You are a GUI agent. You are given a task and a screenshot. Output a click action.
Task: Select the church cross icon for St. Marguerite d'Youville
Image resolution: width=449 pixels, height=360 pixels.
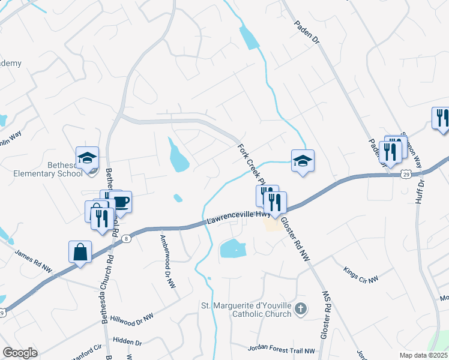tap(301, 310)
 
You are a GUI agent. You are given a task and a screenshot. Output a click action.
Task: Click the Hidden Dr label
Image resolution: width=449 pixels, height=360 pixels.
tap(127, 341)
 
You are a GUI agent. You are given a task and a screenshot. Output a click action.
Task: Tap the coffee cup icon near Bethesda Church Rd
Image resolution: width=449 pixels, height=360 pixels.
tap(121, 202)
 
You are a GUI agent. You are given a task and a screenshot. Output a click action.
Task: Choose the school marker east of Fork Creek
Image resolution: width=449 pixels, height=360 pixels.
tap(303, 161)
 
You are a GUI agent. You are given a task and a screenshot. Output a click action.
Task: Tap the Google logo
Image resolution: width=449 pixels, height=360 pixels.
tap(20, 353)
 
